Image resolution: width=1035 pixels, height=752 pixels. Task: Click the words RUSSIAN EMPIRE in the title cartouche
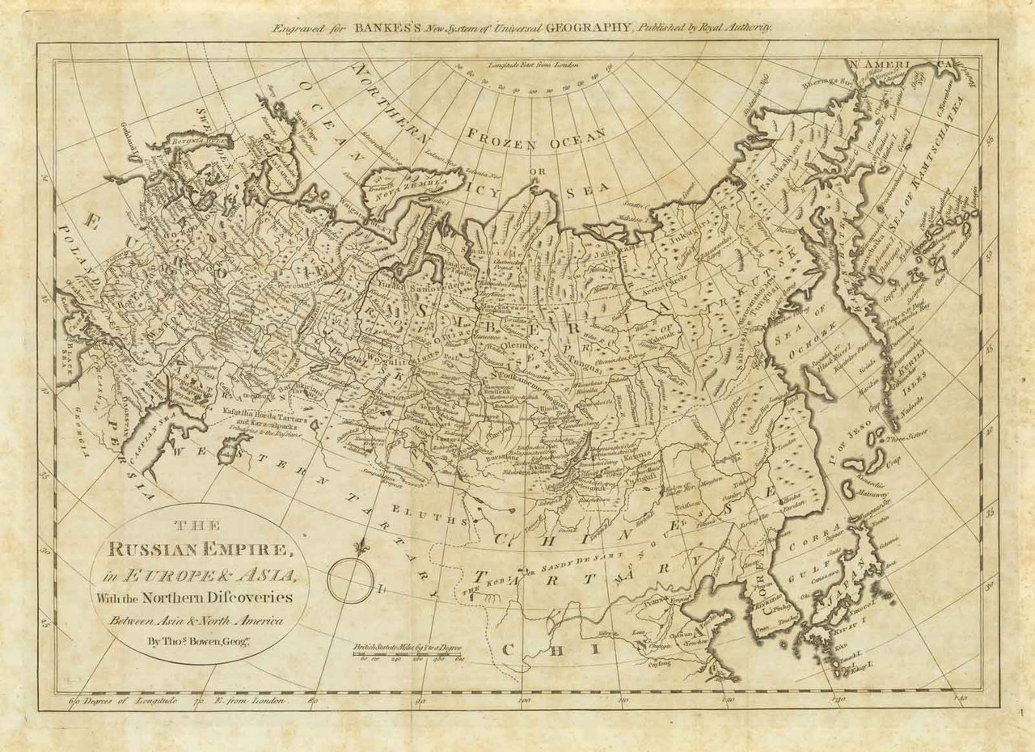pos(200,551)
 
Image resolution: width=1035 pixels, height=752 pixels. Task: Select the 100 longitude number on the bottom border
pos(523,700)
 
